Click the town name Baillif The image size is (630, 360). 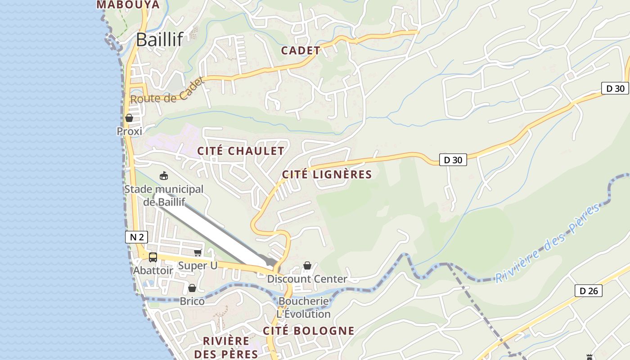(159, 40)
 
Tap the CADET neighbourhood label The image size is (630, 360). (301, 50)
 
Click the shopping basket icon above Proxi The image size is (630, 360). (129, 118)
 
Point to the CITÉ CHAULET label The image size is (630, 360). (241, 151)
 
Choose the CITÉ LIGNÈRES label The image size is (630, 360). (327, 175)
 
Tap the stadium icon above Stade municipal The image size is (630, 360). (164, 175)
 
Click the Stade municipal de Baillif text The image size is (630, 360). (164, 196)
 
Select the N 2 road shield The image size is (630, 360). (136, 237)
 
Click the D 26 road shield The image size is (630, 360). (589, 291)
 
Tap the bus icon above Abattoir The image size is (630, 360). (153, 257)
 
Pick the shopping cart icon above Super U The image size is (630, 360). (198, 253)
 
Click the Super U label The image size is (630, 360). (198, 265)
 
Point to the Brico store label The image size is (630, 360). (192, 301)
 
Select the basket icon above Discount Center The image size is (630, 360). (307, 265)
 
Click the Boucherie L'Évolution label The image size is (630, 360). (304, 307)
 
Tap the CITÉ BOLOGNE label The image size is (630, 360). (309, 331)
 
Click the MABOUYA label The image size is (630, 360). (128, 4)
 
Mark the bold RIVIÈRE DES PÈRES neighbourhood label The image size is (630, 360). (226, 347)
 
